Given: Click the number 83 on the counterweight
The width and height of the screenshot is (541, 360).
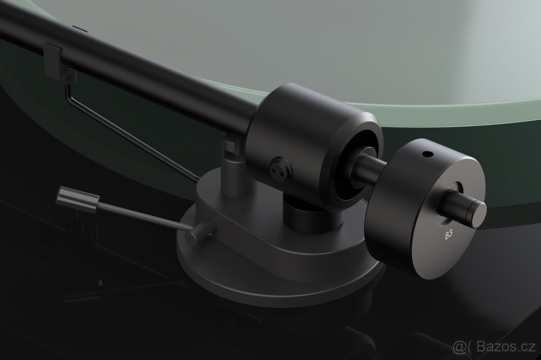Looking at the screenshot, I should [x=449, y=235].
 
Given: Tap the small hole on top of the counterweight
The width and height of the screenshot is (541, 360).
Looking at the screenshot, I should [x=426, y=155].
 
